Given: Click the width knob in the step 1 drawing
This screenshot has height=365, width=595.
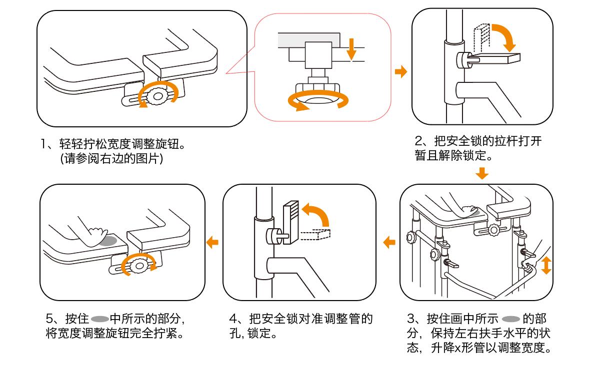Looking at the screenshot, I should [x=158, y=95].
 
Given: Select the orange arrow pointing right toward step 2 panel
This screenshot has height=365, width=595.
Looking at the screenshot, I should [x=401, y=72].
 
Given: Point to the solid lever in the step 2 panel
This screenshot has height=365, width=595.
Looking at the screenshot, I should [x=500, y=58].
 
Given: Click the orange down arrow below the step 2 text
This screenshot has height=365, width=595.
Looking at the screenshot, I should [x=481, y=174].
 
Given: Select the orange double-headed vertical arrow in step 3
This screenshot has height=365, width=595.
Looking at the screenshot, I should [x=546, y=264].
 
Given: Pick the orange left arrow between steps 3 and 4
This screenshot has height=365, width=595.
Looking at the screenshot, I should [x=389, y=243].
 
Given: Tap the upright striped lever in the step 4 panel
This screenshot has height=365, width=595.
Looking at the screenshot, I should [x=290, y=222].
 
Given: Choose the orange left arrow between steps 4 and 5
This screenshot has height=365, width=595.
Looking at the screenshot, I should [x=212, y=242].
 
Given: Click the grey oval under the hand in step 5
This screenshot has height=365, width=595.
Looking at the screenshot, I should [x=107, y=241].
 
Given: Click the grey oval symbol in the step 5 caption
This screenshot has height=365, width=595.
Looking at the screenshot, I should [x=100, y=319].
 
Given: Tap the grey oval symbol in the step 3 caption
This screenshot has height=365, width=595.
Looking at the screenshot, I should [x=510, y=319].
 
